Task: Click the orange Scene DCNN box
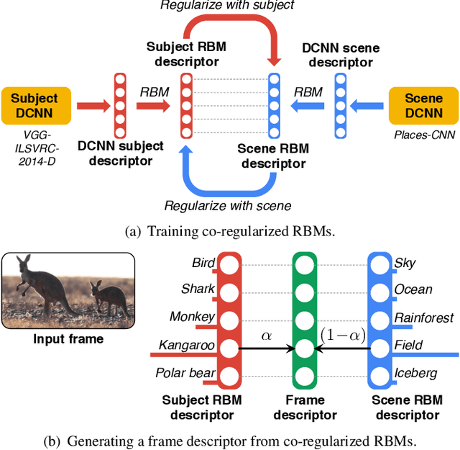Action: pyautogui.click(x=423, y=106)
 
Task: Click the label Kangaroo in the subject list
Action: pyautogui.click(x=186, y=346)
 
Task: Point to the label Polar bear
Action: pyautogui.click(x=185, y=373)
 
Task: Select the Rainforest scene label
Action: pyautogui.click(x=424, y=318)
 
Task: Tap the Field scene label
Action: pyautogui.click(x=408, y=346)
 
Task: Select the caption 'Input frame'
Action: pyautogui.click(x=68, y=339)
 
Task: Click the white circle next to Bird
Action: pyautogui.click(x=229, y=264)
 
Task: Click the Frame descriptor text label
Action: pyautogui.click(x=305, y=408)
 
